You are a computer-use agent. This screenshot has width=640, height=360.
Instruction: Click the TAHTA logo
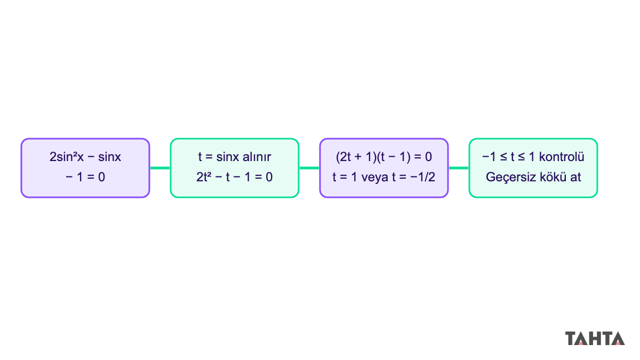click(595, 338)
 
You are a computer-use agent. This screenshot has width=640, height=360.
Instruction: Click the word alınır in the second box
click(257, 157)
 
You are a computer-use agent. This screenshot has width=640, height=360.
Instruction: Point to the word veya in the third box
click(375, 178)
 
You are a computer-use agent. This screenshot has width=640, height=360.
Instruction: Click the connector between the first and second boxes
click(160, 168)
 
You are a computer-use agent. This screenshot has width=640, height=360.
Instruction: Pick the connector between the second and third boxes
click(309, 168)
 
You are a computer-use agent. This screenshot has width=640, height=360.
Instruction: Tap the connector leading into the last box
click(459, 168)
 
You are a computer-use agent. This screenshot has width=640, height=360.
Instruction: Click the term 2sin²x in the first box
click(67, 157)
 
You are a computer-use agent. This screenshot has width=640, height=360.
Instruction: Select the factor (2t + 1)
click(356, 157)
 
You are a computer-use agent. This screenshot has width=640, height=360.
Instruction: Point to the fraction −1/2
click(422, 177)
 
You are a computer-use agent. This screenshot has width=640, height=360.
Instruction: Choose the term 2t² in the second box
click(203, 177)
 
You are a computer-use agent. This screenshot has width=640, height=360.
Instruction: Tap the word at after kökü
click(575, 178)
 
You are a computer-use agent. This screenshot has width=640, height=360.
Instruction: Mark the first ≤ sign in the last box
click(504, 157)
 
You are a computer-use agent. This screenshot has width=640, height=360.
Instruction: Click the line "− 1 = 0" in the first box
click(85, 177)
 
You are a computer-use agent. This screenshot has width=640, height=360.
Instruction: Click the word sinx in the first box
click(109, 157)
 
